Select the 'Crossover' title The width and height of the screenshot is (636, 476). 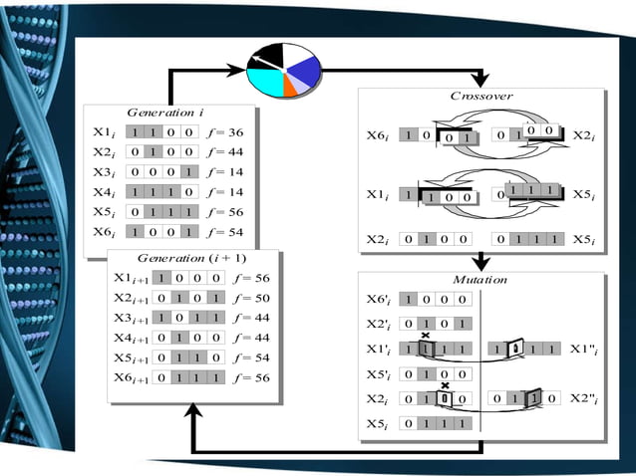point(482,97)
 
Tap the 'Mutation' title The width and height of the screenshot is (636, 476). point(482,280)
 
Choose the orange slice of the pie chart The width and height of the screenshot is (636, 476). point(289,88)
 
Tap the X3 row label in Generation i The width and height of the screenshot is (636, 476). point(105,172)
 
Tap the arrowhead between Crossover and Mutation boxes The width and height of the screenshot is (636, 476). point(482,264)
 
